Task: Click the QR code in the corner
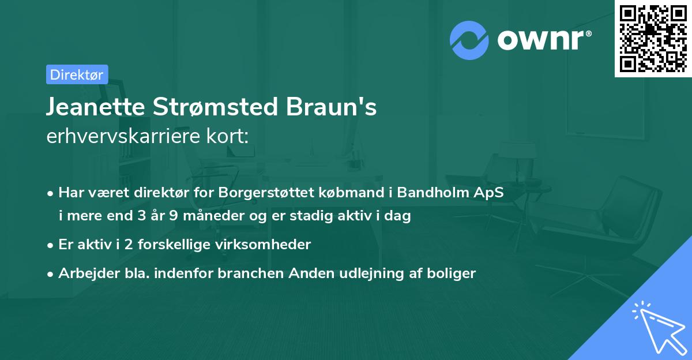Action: coord(653,39)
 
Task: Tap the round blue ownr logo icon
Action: coord(469,40)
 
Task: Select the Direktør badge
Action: coord(77,74)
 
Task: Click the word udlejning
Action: coord(375,273)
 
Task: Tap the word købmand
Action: coord(340,193)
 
